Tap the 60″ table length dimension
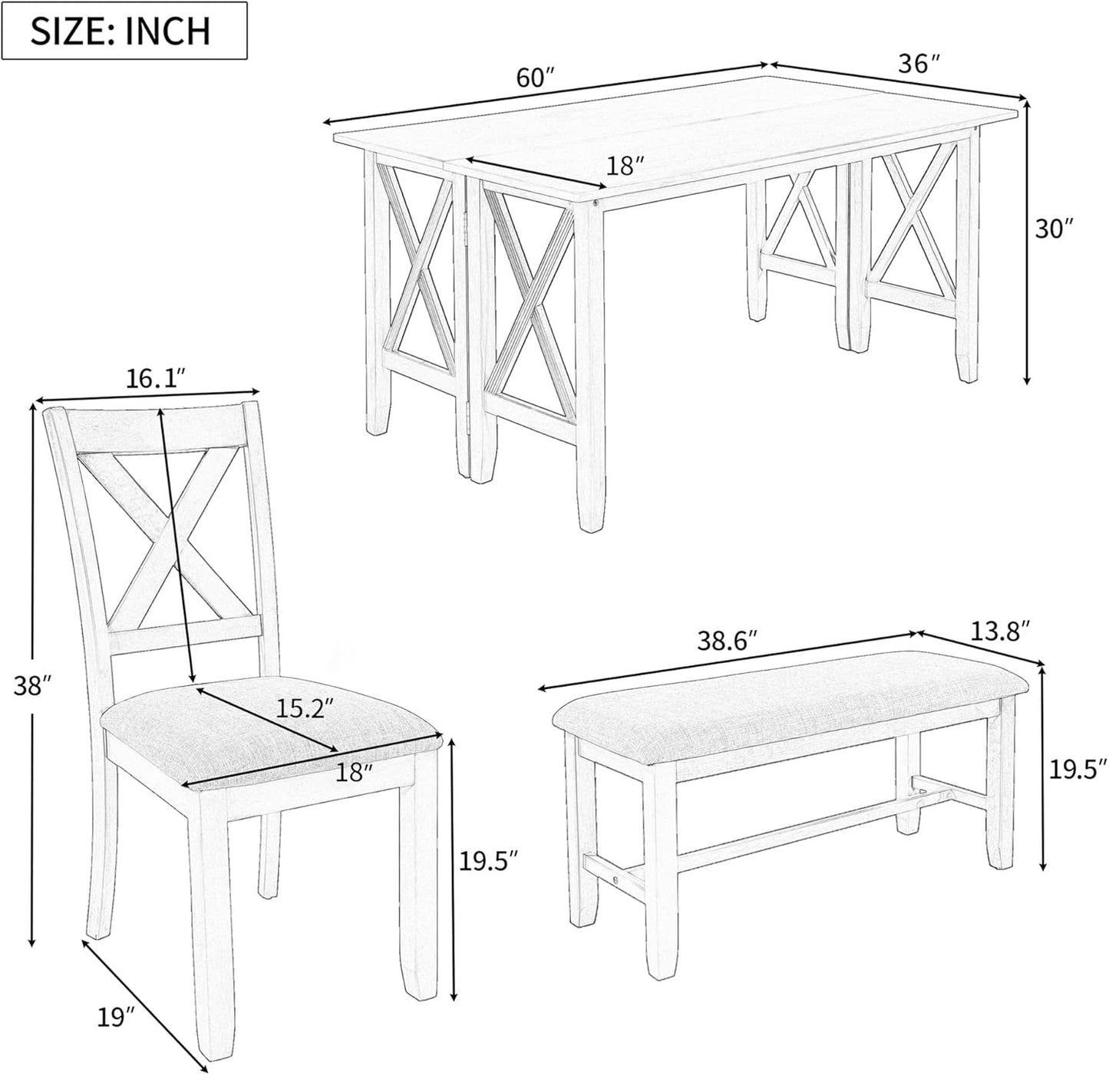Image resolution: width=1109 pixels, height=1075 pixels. pyautogui.click(x=535, y=77)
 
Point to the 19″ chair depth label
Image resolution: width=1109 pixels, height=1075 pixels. pyautogui.click(x=116, y=1018)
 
